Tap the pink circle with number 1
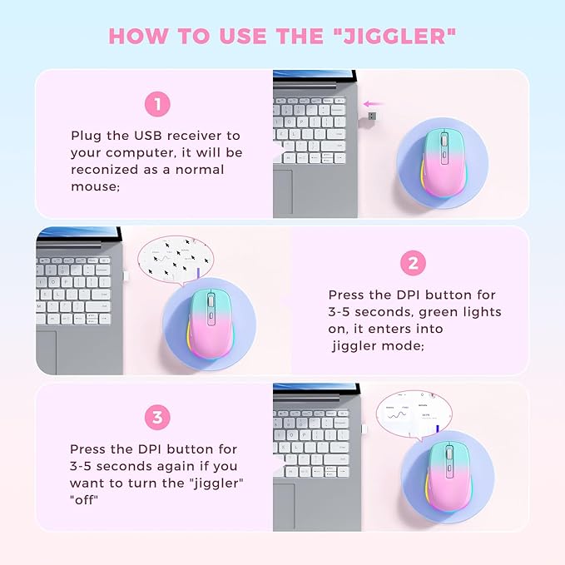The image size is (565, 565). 157,104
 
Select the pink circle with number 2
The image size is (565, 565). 413,264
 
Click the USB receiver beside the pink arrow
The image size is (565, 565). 371,115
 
